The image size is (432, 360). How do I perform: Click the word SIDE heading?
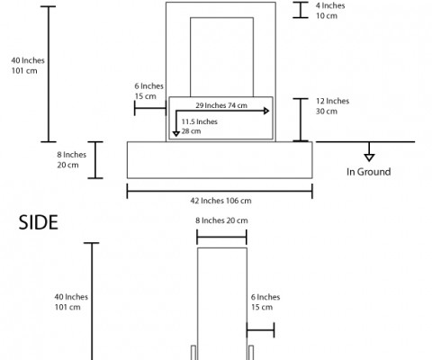(38, 222)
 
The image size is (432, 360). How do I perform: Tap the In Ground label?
(368, 172)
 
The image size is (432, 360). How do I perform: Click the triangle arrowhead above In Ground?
(369, 157)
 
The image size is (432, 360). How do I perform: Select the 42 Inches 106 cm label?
(220, 201)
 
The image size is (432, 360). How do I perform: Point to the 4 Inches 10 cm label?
(330, 11)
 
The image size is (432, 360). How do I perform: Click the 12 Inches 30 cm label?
(332, 106)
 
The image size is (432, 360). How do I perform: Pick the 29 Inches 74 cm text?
(221, 105)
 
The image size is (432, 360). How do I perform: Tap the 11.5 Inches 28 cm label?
(200, 126)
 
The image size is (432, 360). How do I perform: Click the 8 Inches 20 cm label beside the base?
(72, 160)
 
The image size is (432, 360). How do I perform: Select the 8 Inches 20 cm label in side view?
(221, 220)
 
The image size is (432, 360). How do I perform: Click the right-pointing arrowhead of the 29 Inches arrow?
(266, 111)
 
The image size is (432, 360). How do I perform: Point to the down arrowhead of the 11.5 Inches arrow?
(176, 134)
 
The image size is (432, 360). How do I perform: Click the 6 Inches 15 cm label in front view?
(148, 91)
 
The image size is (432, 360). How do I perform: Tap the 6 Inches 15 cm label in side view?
(265, 302)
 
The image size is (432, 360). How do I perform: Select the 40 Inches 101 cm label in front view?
(28, 66)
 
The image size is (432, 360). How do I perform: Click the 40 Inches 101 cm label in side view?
(71, 302)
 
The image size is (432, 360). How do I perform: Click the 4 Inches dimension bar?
(301, 10)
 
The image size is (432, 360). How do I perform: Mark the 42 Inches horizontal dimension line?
(220, 191)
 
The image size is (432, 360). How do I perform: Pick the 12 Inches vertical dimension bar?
(301, 120)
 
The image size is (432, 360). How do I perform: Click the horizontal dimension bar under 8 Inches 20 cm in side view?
(221, 237)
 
